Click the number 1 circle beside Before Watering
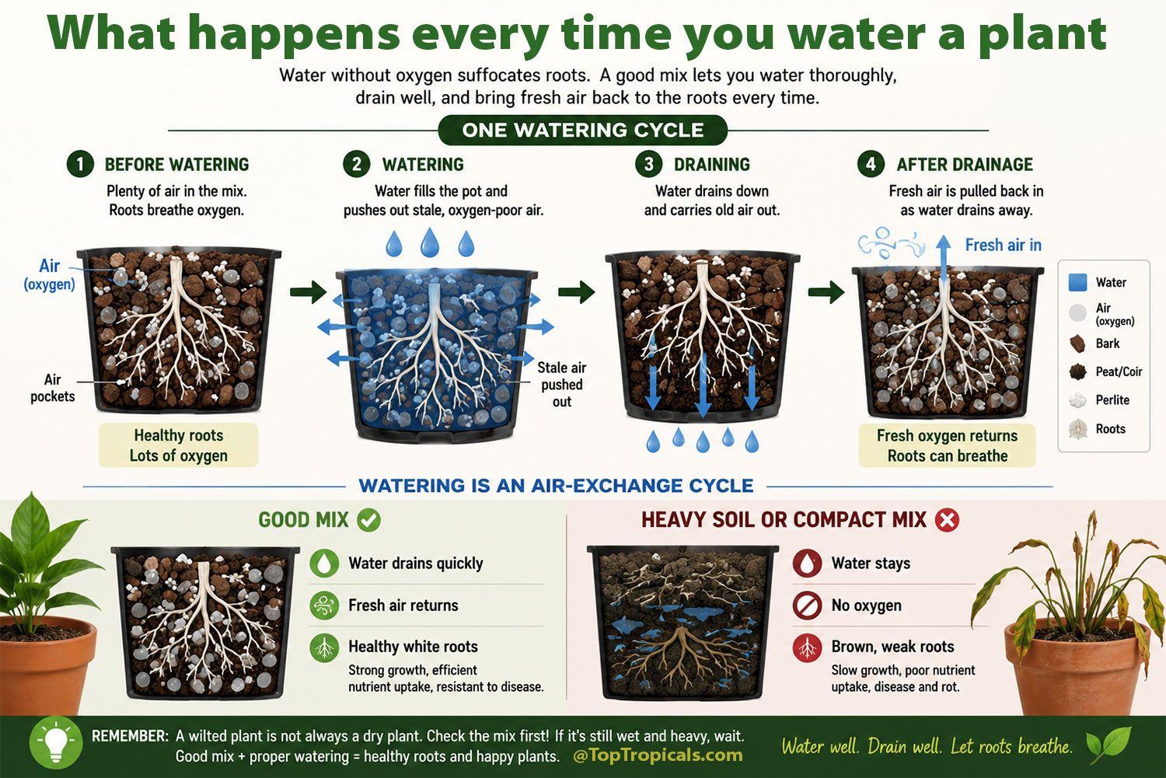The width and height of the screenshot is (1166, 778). pos(79,164)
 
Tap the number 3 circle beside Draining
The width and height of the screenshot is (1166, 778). pos(648,164)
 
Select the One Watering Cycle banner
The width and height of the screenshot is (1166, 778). pos(582,130)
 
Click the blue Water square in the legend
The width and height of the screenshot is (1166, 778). pos(1077,282)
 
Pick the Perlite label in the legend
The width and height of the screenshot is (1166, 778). pos(1112,399)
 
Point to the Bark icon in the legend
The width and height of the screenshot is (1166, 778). pos(1077,344)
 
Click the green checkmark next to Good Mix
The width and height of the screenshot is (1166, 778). pos(368,520)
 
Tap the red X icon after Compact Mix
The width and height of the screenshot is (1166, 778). pos(947,520)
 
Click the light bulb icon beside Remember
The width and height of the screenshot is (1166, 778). pos(56,742)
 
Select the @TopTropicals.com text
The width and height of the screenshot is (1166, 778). pos(658,755)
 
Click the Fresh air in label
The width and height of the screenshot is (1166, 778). pos(1003,245)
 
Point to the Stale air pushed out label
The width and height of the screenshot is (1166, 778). pos(562,385)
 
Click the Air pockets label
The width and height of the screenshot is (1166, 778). pos(53,388)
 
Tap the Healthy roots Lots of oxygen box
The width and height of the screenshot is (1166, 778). pos(179,445)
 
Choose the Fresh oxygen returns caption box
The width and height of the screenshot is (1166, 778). pos(947,445)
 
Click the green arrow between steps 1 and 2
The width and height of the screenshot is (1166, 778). pos(308,291)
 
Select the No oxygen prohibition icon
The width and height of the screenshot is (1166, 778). pos(807,605)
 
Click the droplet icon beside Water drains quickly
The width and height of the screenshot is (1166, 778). pos(324,563)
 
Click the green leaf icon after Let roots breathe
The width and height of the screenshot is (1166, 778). pos(1108,745)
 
